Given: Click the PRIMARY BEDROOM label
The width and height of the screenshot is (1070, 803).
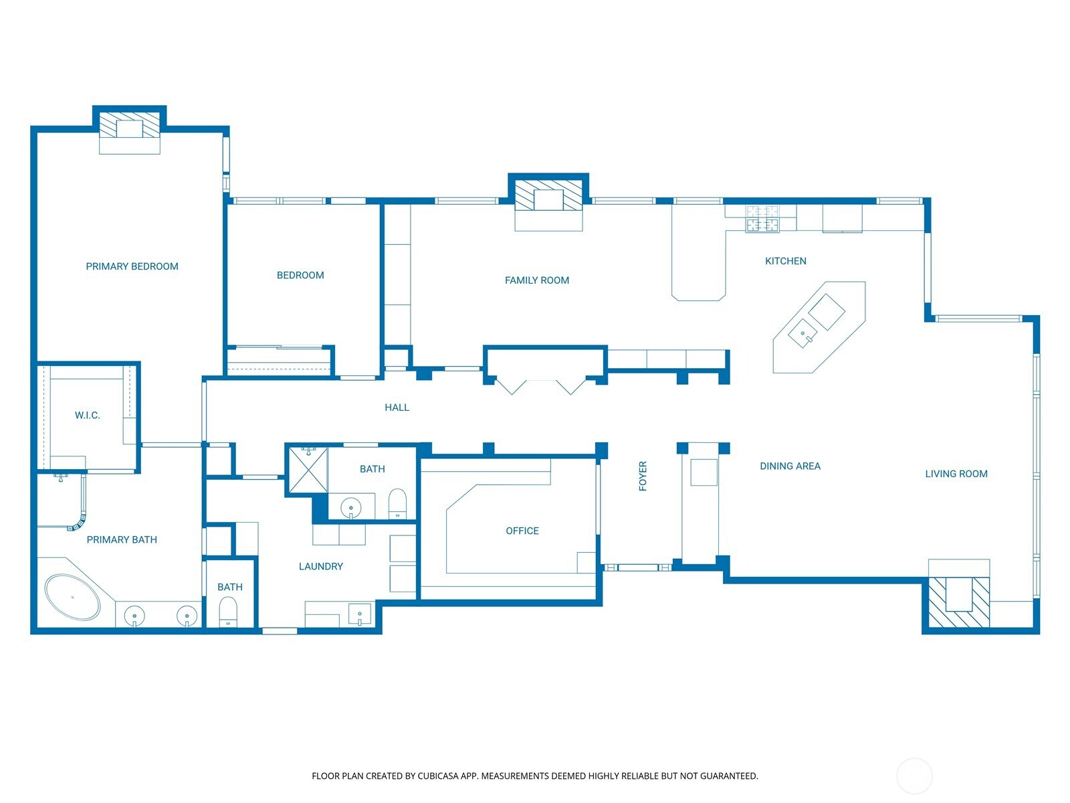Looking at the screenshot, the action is point(132,266).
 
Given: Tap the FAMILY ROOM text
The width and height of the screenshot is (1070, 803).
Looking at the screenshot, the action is point(537,280).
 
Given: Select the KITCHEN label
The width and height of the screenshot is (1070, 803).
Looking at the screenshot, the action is point(785,262).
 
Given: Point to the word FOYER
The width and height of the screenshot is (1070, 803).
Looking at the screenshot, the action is point(643,476).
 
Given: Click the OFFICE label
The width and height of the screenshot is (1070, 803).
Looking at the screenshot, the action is point(522,531).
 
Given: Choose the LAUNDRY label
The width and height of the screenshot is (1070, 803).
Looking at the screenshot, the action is point(321,567).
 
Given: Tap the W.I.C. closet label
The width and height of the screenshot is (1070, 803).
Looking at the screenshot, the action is point(87,416).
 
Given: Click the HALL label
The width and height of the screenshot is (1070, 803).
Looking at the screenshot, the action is point(397,408).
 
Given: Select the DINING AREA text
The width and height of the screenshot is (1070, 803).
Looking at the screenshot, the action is point(790,466).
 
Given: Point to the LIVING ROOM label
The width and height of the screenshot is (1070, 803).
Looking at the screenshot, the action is point(956,474).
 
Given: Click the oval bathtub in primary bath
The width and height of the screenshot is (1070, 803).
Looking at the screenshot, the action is point(73,598).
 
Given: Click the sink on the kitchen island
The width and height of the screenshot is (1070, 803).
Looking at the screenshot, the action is point(803,334).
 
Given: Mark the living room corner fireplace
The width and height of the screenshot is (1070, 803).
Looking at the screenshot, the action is point(958,602).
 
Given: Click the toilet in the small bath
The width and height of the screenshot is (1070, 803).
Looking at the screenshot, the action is point(227,612).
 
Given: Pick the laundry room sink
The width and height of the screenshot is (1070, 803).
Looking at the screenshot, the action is point(360,614).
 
